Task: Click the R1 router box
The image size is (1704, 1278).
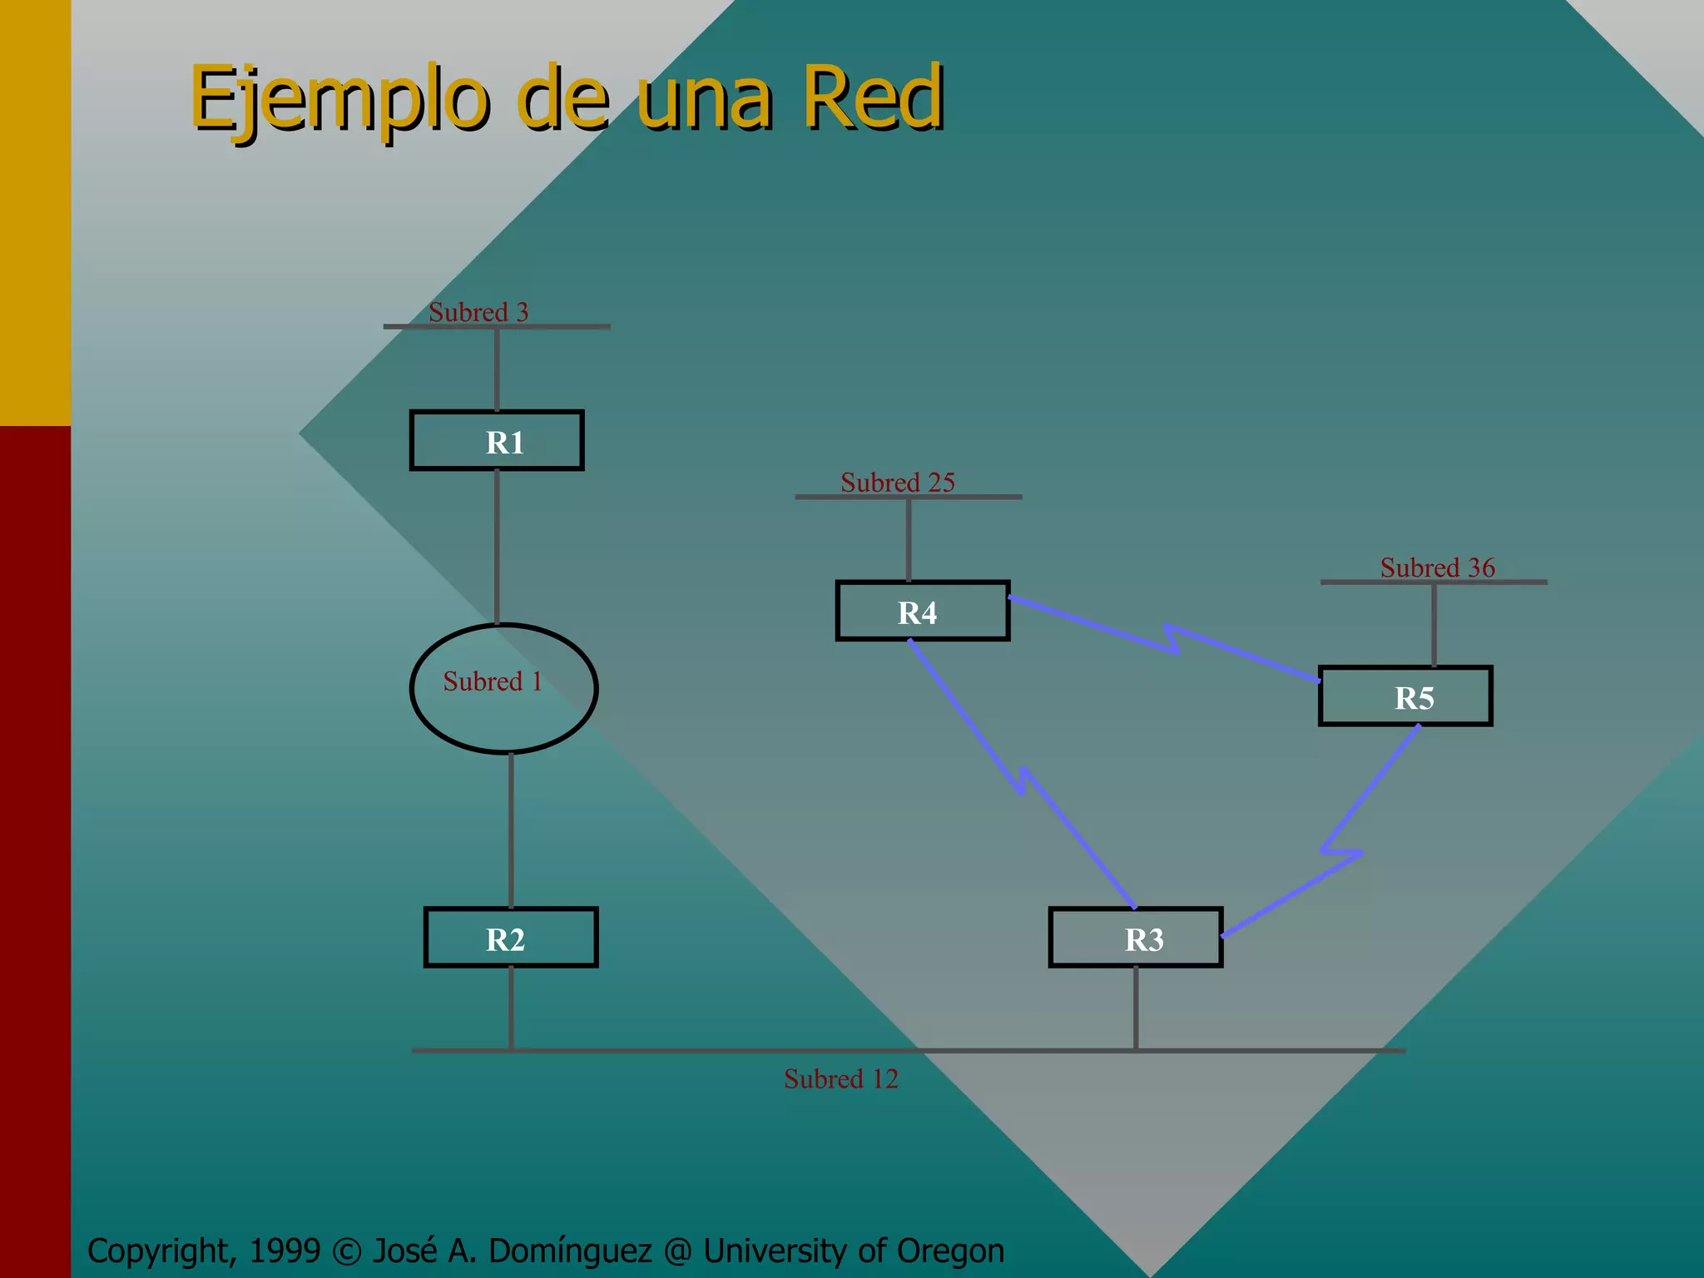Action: pos(497,441)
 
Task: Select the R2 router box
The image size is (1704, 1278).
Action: pos(511,938)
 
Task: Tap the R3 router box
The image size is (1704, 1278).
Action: pos(1136,938)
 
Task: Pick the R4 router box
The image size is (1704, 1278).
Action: pos(923,612)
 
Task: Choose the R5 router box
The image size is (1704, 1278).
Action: pos(1405,696)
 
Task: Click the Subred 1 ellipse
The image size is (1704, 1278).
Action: pos(503,689)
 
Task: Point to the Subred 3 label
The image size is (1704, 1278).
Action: pos(478,312)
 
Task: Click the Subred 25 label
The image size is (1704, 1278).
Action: pos(898,483)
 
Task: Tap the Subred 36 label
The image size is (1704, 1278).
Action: pos(1438,567)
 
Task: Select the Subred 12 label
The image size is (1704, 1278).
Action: pos(841,1079)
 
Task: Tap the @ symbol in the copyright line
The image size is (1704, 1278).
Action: pos(679,1251)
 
